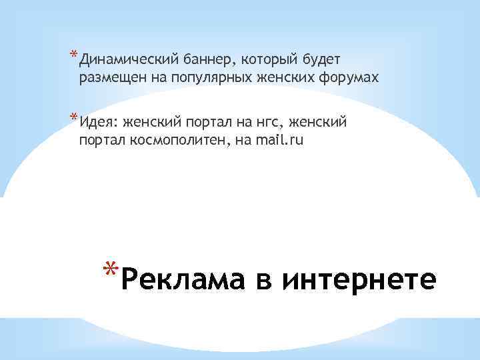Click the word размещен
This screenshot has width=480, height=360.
109,79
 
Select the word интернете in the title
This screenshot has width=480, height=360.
359,278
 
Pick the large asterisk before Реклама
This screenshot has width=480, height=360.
111,269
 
